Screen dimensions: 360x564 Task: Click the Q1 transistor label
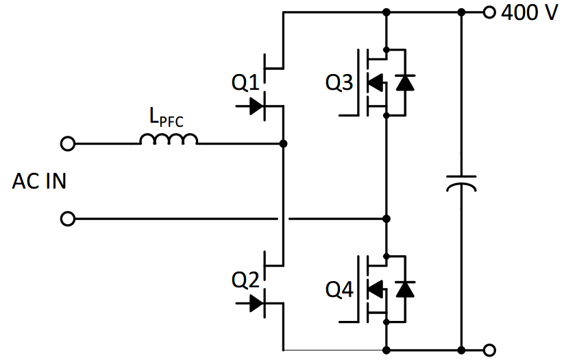click(245, 83)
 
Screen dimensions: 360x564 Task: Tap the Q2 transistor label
click(245, 279)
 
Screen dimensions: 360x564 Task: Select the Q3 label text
click(339, 83)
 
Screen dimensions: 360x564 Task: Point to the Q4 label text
click(339, 289)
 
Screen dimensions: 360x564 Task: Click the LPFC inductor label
click(167, 117)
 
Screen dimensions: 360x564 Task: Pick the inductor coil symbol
click(169, 140)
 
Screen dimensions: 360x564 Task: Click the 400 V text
click(530, 12)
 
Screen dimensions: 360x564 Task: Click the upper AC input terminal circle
click(68, 144)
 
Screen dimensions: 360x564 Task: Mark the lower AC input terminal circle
click(68, 219)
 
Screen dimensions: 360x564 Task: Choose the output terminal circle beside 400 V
click(489, 12)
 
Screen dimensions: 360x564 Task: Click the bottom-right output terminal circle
click(489, 348)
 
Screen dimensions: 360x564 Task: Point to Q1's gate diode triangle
click(257, 106)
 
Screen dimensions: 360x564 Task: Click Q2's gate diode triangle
click(257, 302)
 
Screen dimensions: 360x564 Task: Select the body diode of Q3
click(406, 83)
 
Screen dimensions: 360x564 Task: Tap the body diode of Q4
click(406, 289)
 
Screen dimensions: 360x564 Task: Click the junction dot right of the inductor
click(284, 144)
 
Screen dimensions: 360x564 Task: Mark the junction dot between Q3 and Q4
click(387, 219)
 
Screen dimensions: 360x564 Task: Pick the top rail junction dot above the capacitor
click(461, 12)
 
